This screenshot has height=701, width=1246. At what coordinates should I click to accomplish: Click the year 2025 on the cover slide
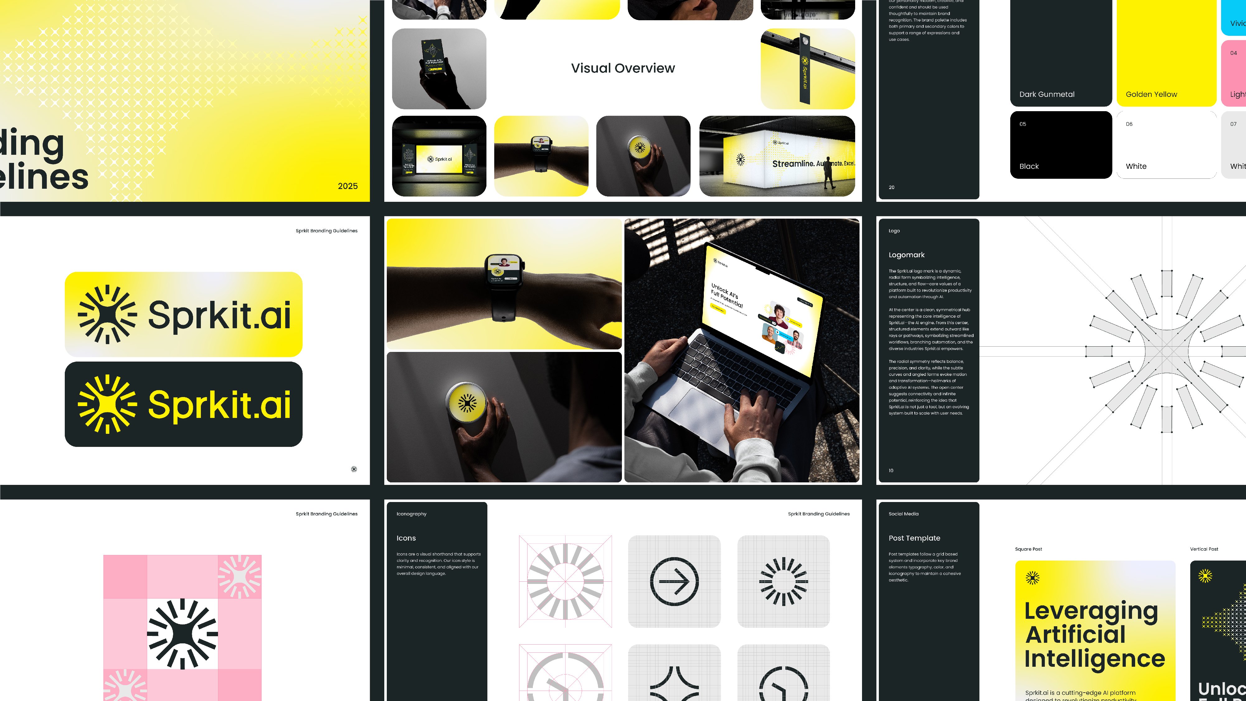pyautogui.click(x=347, y=186)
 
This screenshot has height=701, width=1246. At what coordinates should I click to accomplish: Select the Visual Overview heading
pyautogui.click(x=623, y=68)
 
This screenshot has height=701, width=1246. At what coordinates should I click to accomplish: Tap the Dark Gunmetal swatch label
pyautogui.click(x=1047, y=94)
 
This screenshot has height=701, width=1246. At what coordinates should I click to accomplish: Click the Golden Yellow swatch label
pyautogui.click(x=1151, y=94)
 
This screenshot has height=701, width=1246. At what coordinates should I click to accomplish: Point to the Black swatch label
pyautogui.click(x=1029, y=166)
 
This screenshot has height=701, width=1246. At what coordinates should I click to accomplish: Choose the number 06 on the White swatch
pyautogui.click(x=1129, y=124)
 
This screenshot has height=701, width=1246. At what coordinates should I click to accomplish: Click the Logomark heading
pyautogui.click(x=907, y=255)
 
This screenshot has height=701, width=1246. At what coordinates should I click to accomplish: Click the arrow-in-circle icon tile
pyautogui.click(x=674, y=581)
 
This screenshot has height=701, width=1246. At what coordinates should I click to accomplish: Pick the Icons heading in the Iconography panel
pyautogui.click(x=406, y=538)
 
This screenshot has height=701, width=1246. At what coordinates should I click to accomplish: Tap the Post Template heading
pyautogui.click(x=914, y=538)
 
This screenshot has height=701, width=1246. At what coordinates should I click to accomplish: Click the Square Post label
pyautogui.click(x=1028, y=549)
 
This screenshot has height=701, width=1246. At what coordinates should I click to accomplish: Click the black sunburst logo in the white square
pyautogui.click(x=182, y=634)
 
